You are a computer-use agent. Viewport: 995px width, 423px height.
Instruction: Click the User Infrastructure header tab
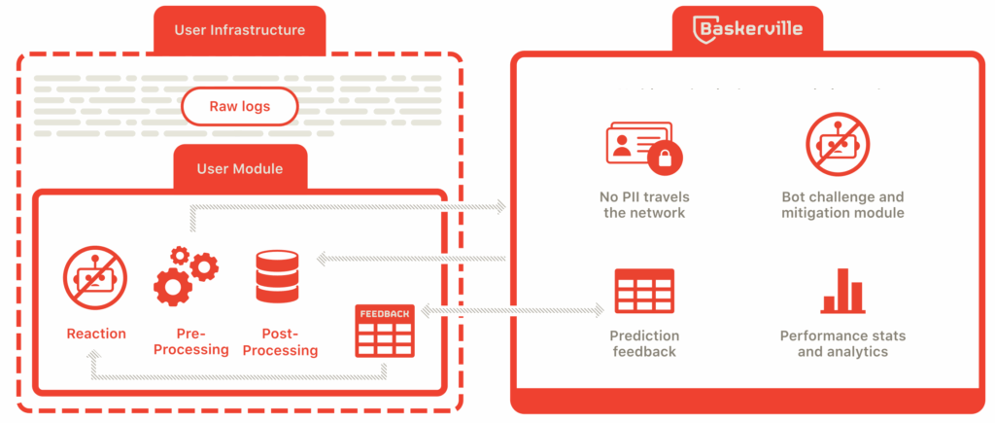tap(239, 30)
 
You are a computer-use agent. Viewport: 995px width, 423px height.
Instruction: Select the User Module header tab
tap(239, 168)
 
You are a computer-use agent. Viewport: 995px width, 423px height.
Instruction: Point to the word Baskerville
tap(762, 28)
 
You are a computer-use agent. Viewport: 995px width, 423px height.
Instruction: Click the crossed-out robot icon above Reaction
tap(95, 277)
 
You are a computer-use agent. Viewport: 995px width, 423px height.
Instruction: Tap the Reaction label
tap(96, 334)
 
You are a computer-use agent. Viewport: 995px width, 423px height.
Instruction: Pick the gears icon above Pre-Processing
tap(187, 277)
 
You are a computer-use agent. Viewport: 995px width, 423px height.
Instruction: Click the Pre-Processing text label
tap(191, 341)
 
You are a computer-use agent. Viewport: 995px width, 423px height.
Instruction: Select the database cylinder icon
tap(277, 277)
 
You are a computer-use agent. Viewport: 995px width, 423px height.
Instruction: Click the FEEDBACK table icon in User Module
tap(386, 331)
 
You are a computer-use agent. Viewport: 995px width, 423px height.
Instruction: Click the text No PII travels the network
tap(644, 204)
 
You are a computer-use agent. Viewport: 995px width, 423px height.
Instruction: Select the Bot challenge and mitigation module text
tap(842, 204)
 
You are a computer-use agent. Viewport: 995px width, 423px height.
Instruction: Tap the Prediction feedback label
tap(644, 343)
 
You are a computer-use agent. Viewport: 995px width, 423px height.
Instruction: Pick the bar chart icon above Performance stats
tap(843, 292)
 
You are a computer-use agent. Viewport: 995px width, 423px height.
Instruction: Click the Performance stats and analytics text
tap(842, 343)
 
